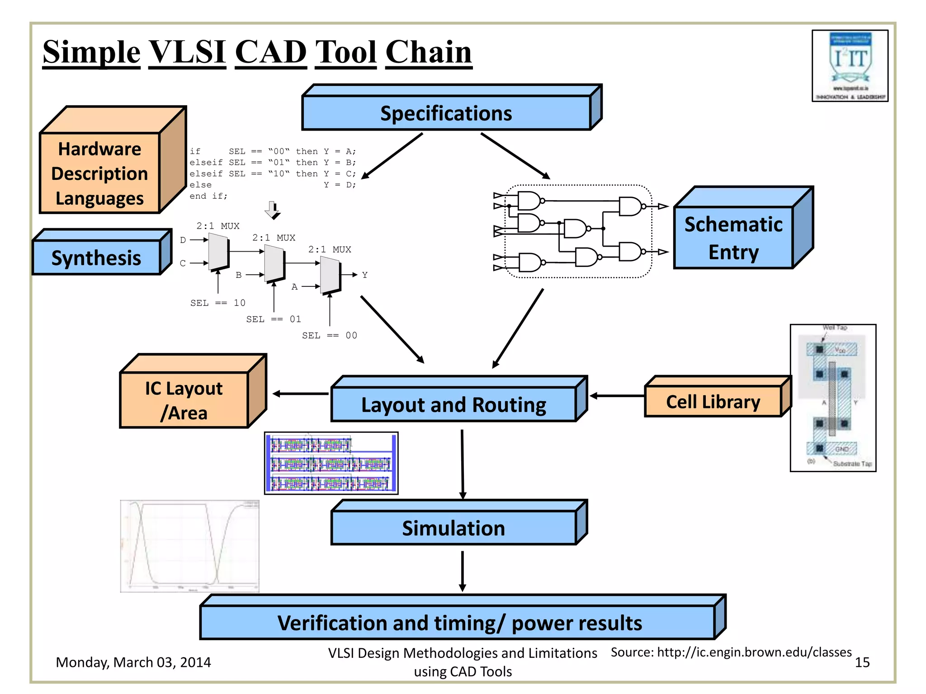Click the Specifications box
tap(446, 113)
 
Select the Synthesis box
tap(96, 258)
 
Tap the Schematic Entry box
tap(733, 238)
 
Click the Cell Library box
tap(713, 402)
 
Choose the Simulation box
tap(454, 528)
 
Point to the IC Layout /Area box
tap(184, 400)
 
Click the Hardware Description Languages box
tap(100, 173)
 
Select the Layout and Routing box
tap(454, 404)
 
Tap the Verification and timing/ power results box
tap(459, 623)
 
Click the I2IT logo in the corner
tap(850, 66)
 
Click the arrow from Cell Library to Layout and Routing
tap(617, 396)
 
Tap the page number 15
tap(862, 662)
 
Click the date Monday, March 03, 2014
tap(133, 662)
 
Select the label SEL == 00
tap(330, 335)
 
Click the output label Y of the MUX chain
tap(365, 275)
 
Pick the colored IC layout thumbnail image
tap(331, 463)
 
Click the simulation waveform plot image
tap(190, 546)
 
